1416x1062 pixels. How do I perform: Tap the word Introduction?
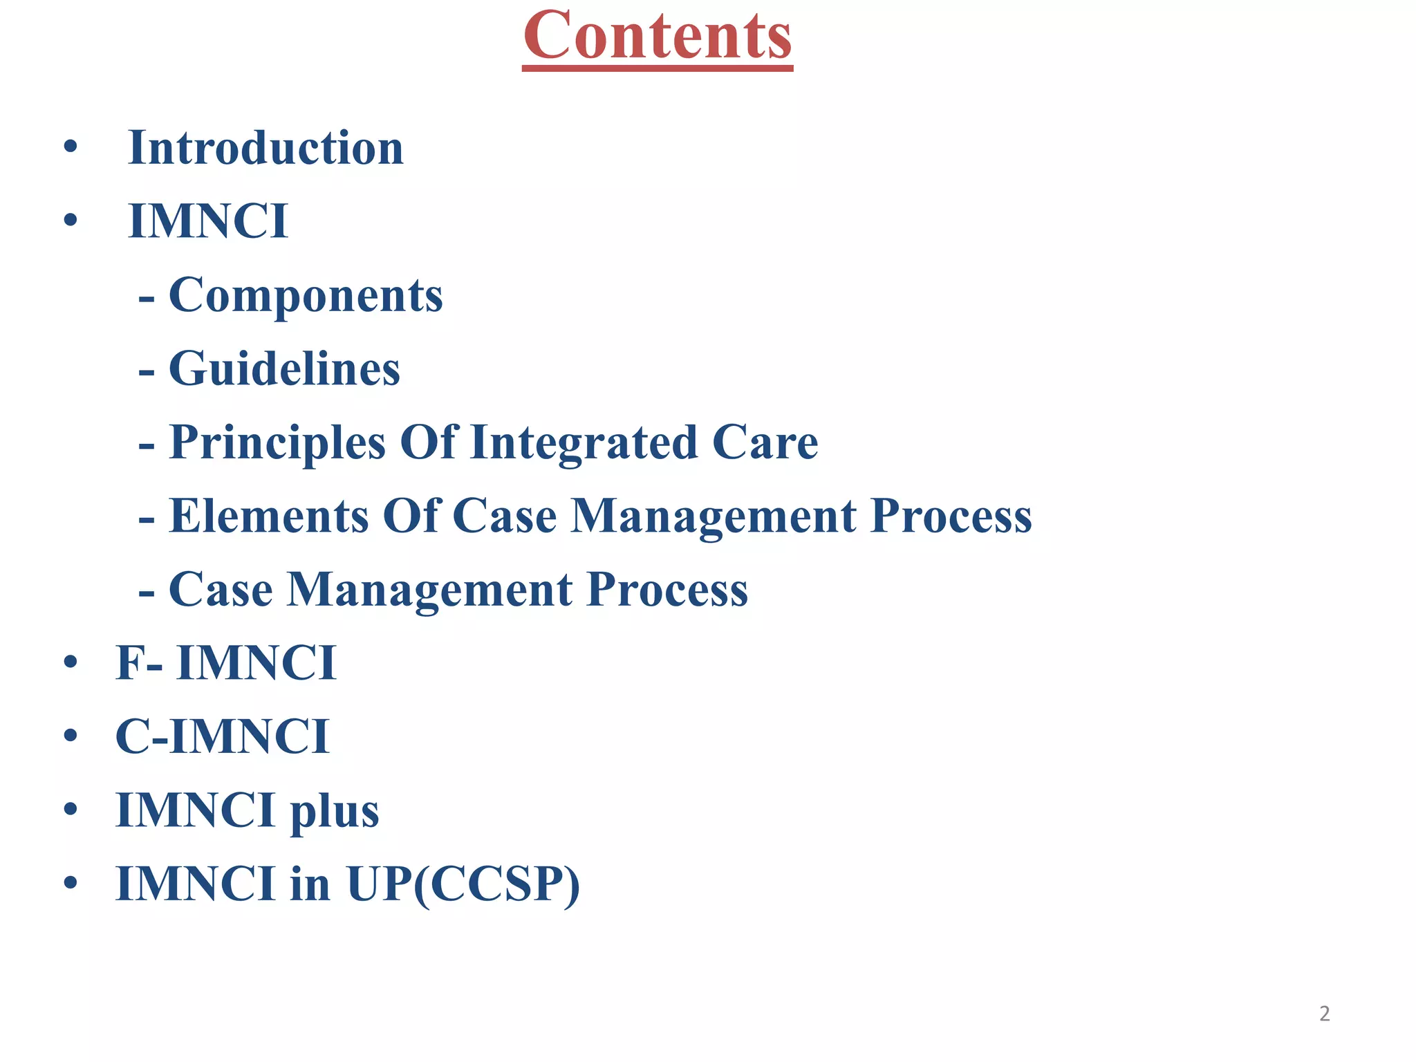click(x=265, y=148)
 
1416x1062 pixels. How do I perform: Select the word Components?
click(x=306, y=295)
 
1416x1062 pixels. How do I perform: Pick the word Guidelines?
click(x=284, y=369)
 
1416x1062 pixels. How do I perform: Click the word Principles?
click(x=277, y=443)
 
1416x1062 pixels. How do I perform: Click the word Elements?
click(x=269, y=516)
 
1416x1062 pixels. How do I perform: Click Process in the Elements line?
click(x=951, y=516)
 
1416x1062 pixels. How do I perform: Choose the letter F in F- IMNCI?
click(x=130, y=663)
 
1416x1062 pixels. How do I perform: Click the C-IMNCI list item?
click(x=222, y=737)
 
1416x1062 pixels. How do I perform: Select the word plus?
click(x=334, y=812)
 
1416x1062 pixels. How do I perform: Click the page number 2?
click(x=1324, y=1014)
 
